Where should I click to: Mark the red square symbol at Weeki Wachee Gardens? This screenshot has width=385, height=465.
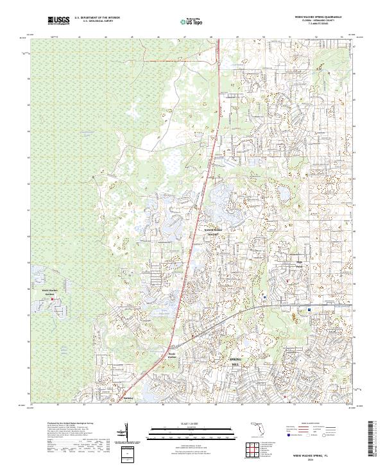(x=44, y=298)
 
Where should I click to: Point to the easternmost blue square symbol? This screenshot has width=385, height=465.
(x=309, y=309)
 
